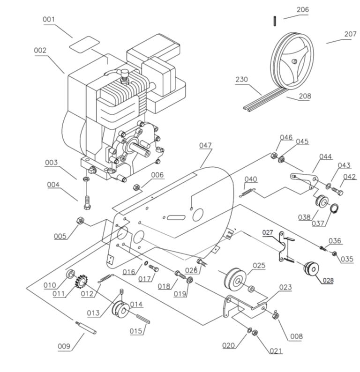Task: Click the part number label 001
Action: coord(49,20)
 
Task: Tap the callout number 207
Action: coord(350,34)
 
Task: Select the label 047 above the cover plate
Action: coord(205,146)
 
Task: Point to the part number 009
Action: coord(64,347)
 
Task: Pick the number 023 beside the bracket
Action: coord(285,287)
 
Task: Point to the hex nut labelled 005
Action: coord(80,220)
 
